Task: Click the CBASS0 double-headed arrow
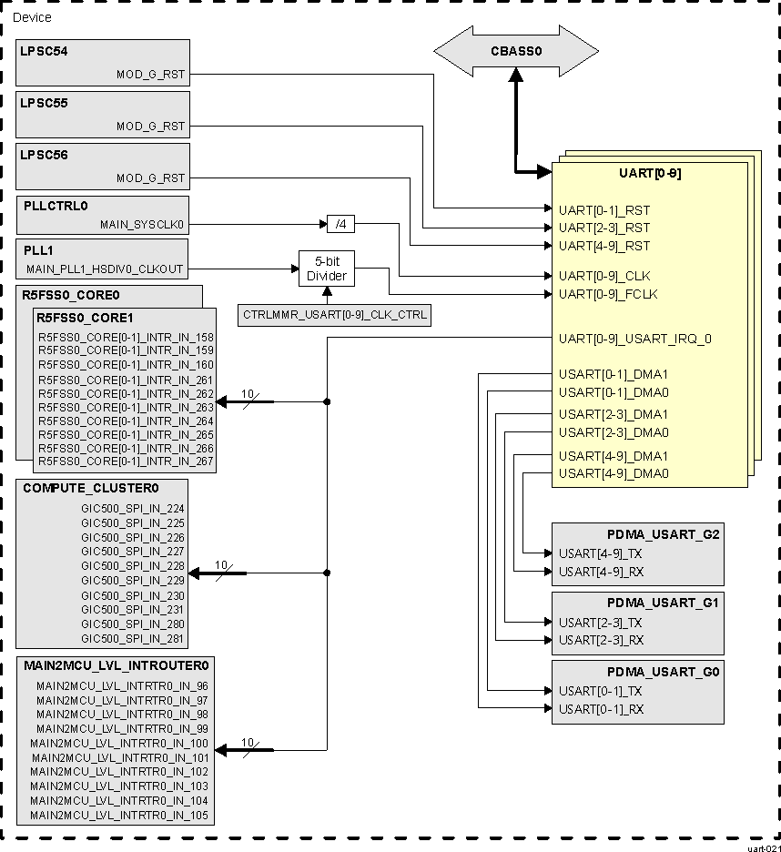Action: (x=515, y=52)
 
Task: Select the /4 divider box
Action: (x=340, y=224)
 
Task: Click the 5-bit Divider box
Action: (x=326, y=269)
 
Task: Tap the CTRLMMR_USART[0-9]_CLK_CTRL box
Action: (x=335, y=316)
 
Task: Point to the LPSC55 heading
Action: (x=45, y=103)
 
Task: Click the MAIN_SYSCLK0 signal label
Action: (x=142, y=223)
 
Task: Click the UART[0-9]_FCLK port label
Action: (x=607, y=294)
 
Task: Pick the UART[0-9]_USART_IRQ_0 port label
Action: (x=634, y=339)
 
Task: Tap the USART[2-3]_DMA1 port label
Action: (x=614, y=414)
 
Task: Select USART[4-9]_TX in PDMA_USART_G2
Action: (x=600, y=553)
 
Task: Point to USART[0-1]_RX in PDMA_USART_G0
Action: (x=601, y=709)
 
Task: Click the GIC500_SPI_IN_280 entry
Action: (x=133, y=624)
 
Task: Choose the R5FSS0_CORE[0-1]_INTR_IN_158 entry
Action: (x=126, y=337)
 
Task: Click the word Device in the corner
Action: (x=32, y=17)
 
